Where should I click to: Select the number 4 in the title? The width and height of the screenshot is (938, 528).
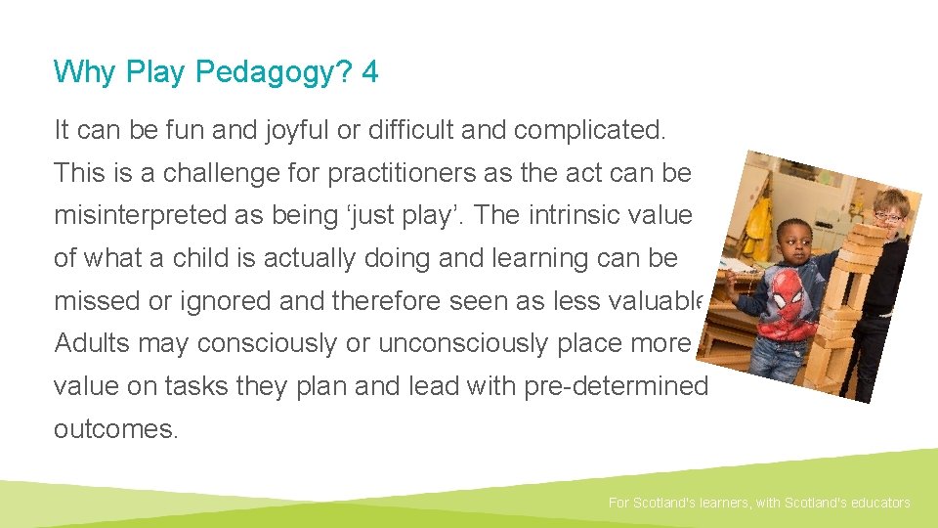369,71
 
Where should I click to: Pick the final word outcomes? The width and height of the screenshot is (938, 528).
116,429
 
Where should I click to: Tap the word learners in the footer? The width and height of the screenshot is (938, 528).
721,503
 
